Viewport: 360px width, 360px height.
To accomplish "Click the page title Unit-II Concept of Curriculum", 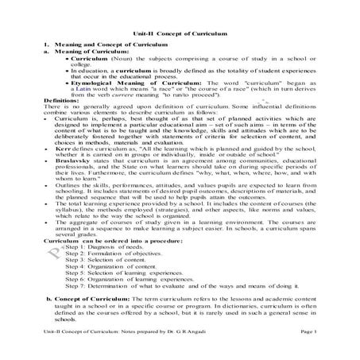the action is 180,35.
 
